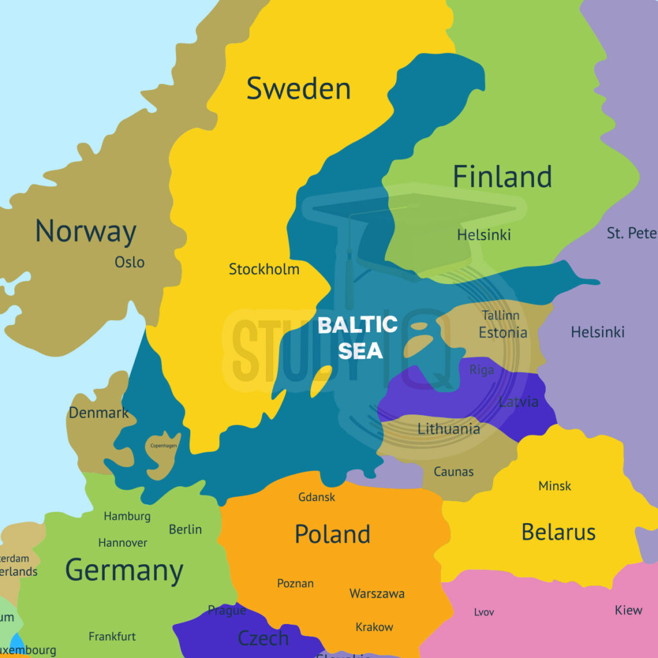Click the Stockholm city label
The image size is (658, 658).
[264, 269]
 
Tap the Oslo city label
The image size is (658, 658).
[129, 262]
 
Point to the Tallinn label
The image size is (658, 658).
[501, 316]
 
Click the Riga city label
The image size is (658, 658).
[481, 370]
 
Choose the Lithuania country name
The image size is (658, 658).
[449, 429]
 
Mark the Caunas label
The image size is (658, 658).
[454, 472]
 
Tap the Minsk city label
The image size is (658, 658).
[555, 486]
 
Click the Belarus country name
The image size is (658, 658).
[558, 532]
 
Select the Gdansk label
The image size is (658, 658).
[317, 497]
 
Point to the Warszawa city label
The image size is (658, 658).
[377, 594]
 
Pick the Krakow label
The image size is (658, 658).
[374, 627]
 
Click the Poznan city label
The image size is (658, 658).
[296, 583]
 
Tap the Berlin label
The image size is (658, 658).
[185, 529]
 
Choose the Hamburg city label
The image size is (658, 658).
[127, 516]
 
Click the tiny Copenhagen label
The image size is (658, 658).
[163, 445]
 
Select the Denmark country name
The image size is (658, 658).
[99, 413]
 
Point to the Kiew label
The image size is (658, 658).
[628, 610]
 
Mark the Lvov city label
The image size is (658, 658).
[484, 612]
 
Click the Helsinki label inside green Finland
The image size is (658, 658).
[484, 235]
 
